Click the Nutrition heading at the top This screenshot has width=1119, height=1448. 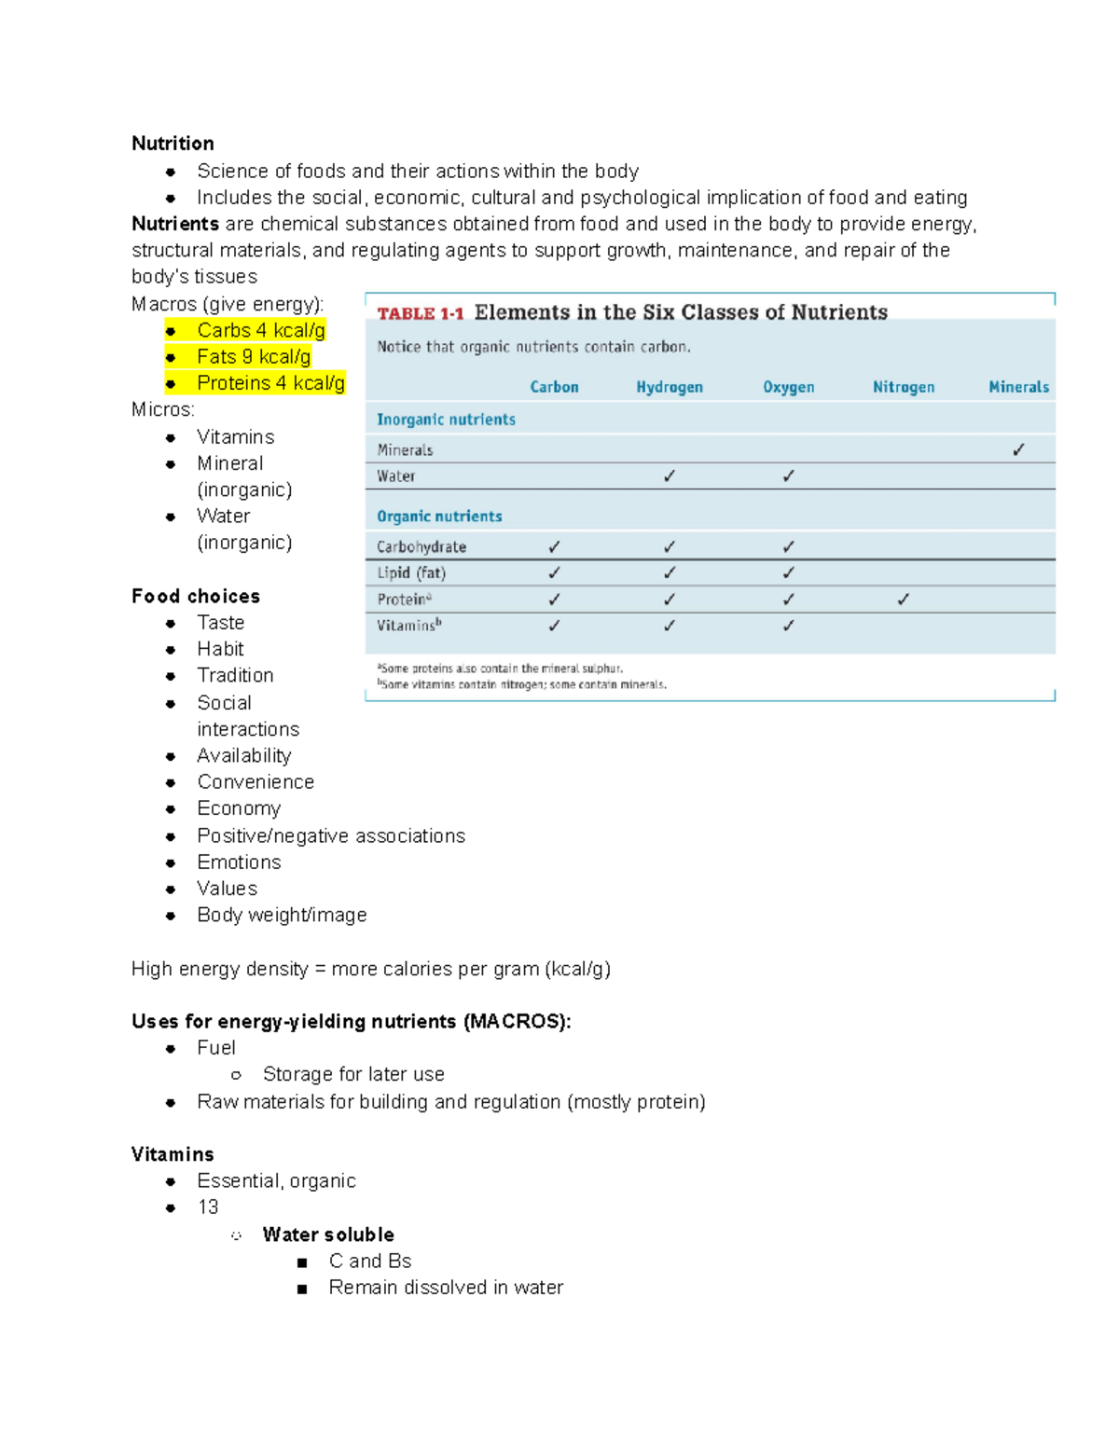[x=173, y=144]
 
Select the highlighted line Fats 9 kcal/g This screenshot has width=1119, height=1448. [x=253, y=357]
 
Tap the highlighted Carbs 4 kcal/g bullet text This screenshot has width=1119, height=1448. [x=260, y=331]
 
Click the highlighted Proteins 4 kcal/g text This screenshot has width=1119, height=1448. [x=270, y=383]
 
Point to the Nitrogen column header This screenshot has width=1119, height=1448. [x=903, y=387]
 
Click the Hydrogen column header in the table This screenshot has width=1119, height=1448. [x=669, y=387]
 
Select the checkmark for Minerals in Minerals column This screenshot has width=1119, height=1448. [x=1018, y=449]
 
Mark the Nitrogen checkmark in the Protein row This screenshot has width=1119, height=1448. [x=903, y=600]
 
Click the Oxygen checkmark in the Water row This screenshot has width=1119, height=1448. [x=788, y=476]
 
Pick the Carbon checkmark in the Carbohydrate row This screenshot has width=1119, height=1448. [x=554, y=547]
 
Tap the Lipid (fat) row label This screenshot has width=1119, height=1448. [x=411, y=573]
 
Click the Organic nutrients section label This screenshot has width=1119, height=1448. [x=439, y=517]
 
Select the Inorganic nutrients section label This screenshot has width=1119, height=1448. [x=446, y=420]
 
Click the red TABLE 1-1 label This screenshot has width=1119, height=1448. [x=420, y=313]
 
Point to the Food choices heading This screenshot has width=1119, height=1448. [x=196, y=597]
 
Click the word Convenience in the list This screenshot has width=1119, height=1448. [x=256, y=782]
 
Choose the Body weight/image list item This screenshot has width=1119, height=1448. [x=282, y=916]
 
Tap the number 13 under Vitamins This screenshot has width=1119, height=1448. [x=208, y=1207]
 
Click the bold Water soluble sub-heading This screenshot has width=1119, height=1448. [x=328, y=1235]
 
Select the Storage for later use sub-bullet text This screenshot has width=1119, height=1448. [x=353, y=1075]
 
